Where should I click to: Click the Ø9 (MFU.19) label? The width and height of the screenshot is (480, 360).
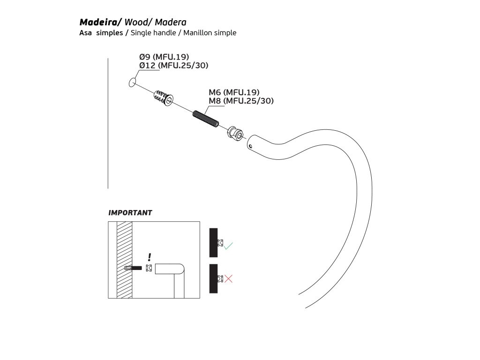(164, 57)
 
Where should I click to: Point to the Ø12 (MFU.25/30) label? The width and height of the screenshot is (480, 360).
(174, 66)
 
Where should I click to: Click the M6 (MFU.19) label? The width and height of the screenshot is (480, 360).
(234, 92)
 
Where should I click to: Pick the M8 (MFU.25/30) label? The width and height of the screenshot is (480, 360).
(241, 100)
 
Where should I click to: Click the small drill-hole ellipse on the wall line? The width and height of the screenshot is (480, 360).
(132, 83)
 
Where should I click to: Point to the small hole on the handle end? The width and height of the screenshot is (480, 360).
(251, 146)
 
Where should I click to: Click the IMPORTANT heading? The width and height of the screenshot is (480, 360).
(130, 213)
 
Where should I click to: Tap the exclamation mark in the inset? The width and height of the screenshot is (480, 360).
(149, 257)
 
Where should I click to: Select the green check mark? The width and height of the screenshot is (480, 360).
(228, 245)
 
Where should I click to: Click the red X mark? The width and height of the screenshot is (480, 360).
(228, 279)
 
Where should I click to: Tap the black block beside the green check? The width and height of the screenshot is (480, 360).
(213, 242)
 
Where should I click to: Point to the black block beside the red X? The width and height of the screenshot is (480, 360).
(213, 278)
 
